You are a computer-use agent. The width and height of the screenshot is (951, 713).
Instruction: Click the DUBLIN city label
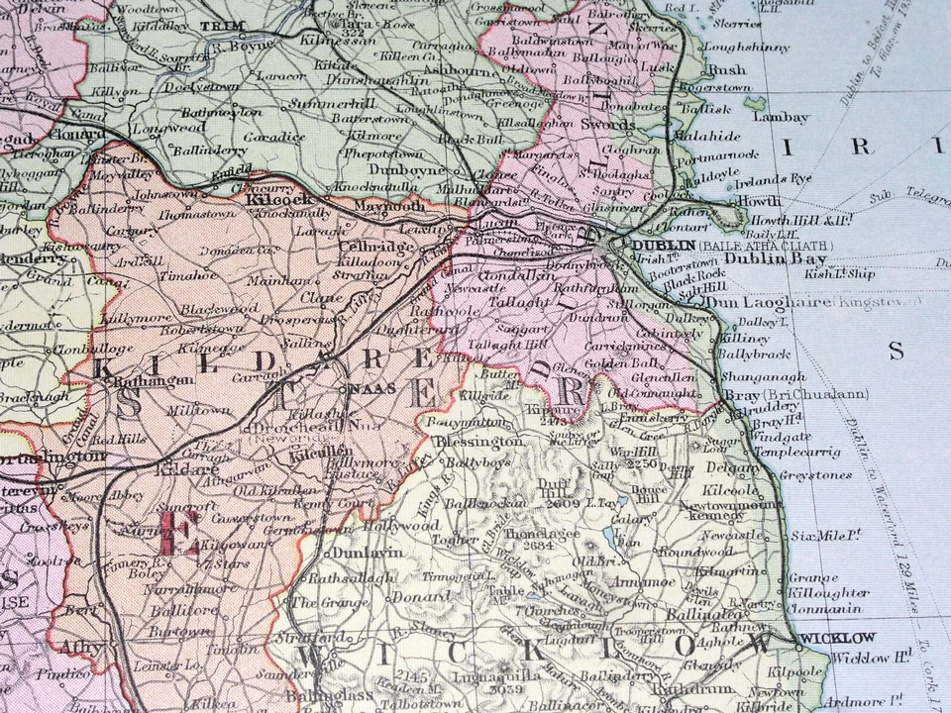pos(662,245)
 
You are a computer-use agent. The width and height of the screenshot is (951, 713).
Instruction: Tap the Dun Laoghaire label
pos(779,301)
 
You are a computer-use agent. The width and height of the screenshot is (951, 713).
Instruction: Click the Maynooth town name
pos(395,206)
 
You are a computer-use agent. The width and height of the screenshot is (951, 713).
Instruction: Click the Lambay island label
pos(782,116)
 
